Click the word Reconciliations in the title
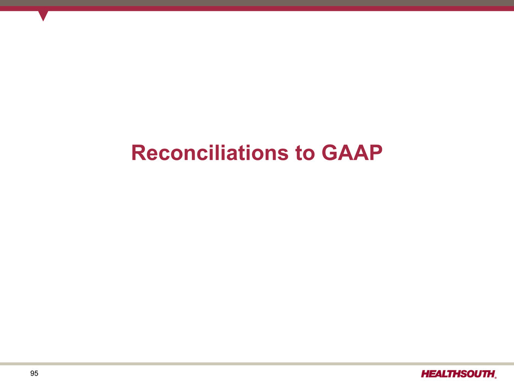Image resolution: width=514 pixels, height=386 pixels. tap(210, 153)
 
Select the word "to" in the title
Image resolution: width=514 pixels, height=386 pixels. tap(305, 153)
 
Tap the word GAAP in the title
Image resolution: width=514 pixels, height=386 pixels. tap(352, 153)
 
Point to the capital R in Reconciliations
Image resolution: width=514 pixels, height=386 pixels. tap(138, 153)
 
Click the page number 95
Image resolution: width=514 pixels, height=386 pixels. tap(34, 373)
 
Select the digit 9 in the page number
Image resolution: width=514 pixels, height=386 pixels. tap(32, 373)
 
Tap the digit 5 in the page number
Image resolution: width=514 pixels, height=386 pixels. tap(37, 373)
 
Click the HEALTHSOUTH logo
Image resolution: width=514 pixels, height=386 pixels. tap(459, 374)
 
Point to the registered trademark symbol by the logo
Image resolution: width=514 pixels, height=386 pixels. tap(495, 377)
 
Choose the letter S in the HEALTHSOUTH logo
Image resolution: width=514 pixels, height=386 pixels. tap(463, 374)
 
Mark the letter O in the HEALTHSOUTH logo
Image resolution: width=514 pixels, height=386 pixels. tap(471, 374)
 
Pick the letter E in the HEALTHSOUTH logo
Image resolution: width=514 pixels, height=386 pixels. tap(434, 374)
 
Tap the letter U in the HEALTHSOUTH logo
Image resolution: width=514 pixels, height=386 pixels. tap(479, 374)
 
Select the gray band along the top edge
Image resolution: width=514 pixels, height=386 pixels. tap(257, 3)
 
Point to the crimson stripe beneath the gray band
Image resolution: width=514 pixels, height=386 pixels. tap(257, 8)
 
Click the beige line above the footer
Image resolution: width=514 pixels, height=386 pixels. tap(257, 364)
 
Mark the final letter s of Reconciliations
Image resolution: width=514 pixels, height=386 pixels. tap(283, 155)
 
